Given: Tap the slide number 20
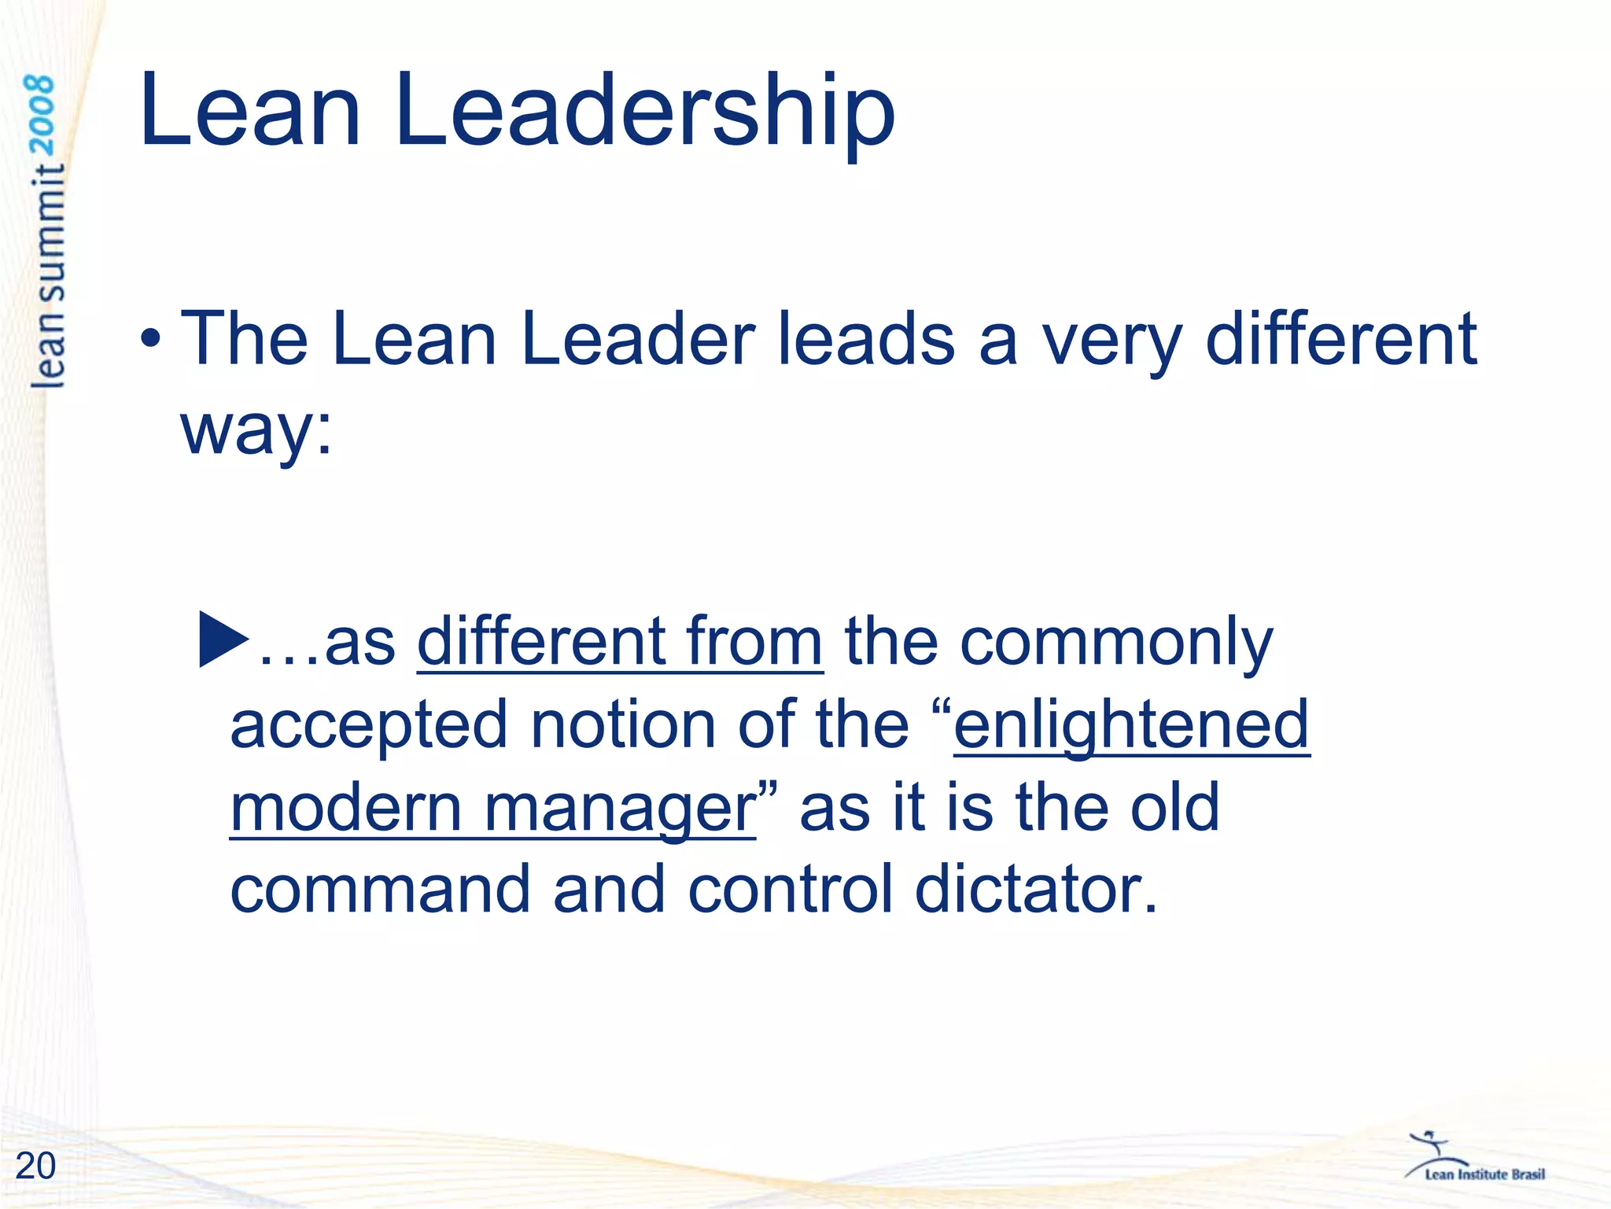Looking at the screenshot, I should [35, 1166].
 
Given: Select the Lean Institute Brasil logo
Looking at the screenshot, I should [1474, 1159].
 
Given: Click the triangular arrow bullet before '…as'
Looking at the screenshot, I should [224, 639].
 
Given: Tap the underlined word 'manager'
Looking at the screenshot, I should [619, 809].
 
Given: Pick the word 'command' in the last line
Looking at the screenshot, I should [380, 889].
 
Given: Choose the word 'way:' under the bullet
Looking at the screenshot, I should [256, 431].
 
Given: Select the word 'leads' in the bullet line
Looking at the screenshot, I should [866, 340].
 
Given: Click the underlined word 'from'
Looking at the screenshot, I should [754, 642].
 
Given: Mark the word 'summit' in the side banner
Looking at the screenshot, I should [49, 235].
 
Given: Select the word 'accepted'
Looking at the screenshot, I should [368, 725].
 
